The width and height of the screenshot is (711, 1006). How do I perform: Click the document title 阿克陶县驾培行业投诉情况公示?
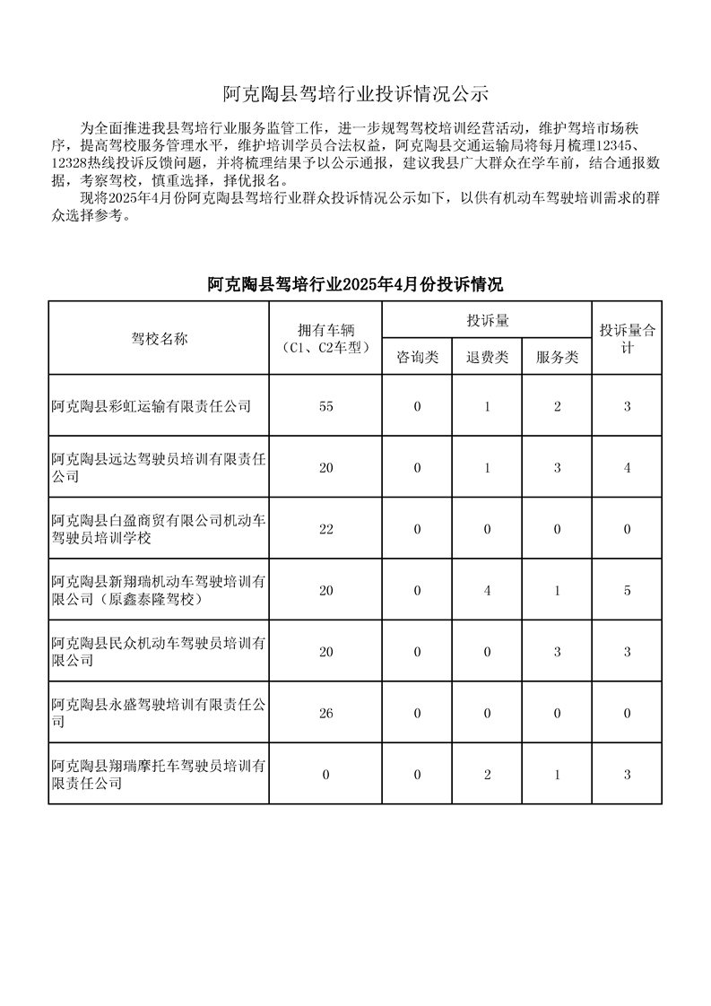[x=355, y=93]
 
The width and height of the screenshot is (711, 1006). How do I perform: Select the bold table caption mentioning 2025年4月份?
[x=355, y=285]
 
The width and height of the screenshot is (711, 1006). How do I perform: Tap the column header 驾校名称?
[x=160, y=338]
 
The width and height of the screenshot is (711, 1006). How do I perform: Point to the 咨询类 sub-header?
[x=417, y=357]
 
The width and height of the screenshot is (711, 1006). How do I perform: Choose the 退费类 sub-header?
[x=487, y=357]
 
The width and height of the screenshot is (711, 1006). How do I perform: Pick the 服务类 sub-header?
[x=557, y=357]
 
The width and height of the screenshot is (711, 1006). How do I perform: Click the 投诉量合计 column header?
[x=628, y=338]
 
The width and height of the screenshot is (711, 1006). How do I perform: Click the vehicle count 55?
[x=325, y=406]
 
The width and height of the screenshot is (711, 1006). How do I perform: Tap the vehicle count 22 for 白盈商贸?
[x=325, y=529]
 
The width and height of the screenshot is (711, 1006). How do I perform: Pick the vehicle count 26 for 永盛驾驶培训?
[x=325, y=713]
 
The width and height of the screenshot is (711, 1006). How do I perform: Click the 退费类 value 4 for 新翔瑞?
[x=487, y=590]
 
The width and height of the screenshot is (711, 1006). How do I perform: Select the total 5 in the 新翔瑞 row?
[x=628, y=590]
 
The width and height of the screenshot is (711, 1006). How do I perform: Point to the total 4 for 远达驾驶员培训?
[x=628, y=467]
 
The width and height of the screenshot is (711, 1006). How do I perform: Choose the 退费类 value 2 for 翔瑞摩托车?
[x=487, y=774]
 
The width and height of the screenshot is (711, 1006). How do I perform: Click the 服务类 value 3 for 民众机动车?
[x=557, y=652]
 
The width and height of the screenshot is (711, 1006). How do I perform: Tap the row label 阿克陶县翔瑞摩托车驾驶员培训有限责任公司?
[x=159, y=774]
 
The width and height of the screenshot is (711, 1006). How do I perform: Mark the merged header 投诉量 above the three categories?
[x=487, y=320]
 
